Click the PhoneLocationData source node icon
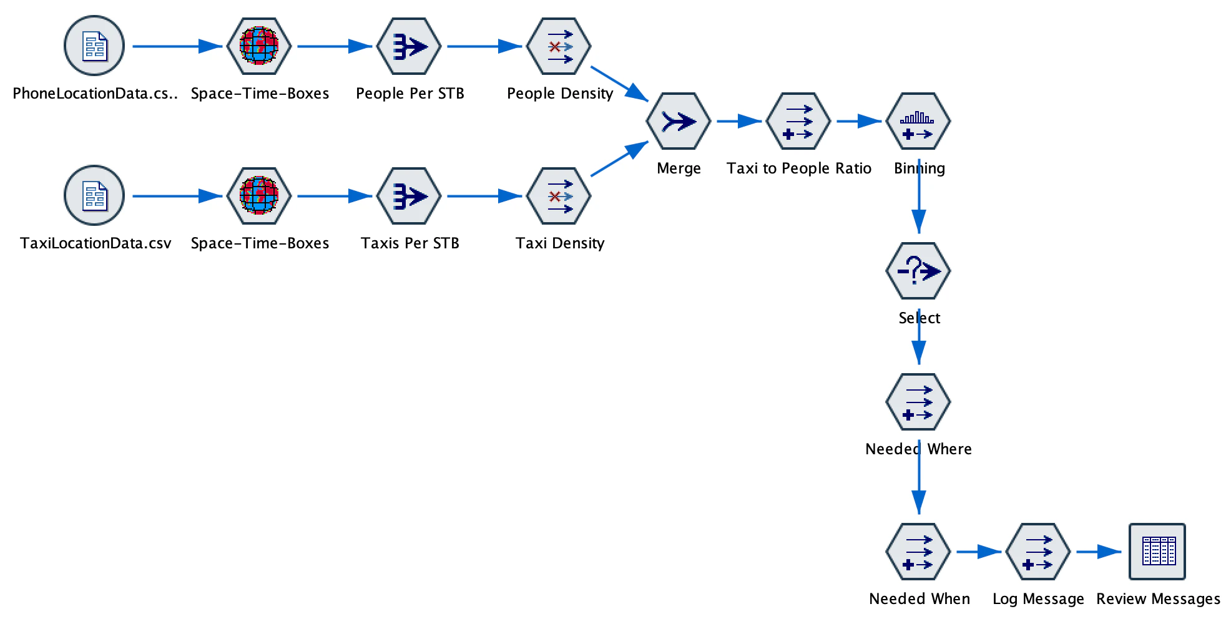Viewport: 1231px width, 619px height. click(x=94, y=46)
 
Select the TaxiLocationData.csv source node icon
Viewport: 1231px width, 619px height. click(x=94, y=196)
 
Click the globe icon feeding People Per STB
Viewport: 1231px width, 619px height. click(x=259, y=46)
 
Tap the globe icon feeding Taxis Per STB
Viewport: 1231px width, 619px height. click(x=259, y=196)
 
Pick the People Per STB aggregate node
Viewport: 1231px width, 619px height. click(x=409, y=46)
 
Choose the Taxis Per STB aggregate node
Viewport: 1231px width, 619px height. click(x=409, y=196)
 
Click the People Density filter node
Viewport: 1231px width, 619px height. click(x=559, y=46)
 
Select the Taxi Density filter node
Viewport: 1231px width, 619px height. click(x=559, y=196)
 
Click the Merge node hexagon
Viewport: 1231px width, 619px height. click(x=679, y=121)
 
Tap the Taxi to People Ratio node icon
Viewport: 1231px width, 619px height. click(x=798, y=121)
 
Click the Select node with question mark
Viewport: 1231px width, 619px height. click(x=918, y=271)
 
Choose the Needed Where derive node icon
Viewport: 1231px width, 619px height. click(x=918, y=402)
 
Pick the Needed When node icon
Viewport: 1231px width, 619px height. click(x=918, y=552)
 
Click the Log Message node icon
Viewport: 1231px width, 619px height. click(x=1038, y=552)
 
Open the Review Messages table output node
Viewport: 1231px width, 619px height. click(x=1157, y=552)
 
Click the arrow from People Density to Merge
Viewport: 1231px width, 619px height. click(x=620, y=84)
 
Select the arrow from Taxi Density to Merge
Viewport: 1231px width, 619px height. click(x=620, y=158)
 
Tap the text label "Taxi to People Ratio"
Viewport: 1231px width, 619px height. click(x=798, y=168)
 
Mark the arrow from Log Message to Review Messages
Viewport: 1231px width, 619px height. click(x=1099, y=552)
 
